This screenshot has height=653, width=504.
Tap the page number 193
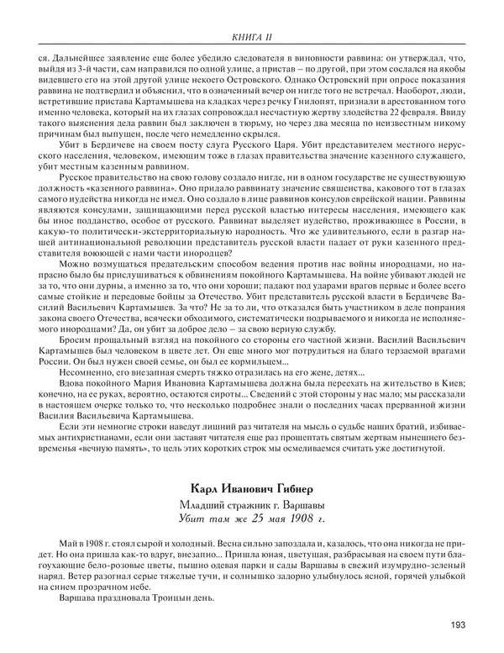458,624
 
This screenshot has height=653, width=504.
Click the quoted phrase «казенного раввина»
126,186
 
